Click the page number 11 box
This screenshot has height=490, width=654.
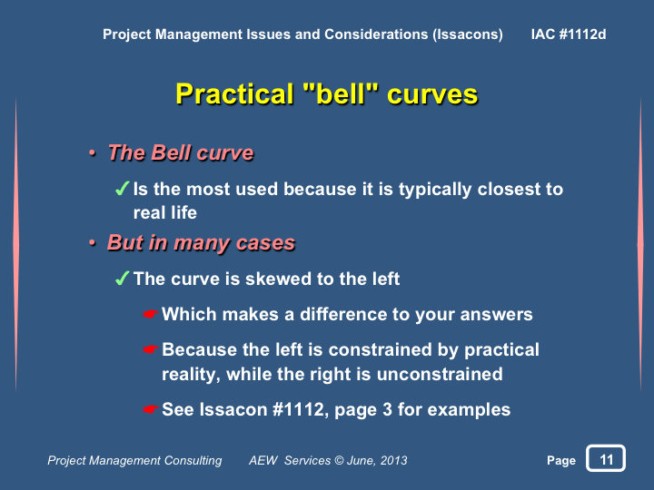click(606, 458)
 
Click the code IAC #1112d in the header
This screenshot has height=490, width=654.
click(569, 34)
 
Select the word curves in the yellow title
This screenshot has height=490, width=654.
click(432, 94)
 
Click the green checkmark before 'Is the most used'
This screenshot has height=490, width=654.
click(122, 189)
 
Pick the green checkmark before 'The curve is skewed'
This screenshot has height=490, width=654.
click(122, 278)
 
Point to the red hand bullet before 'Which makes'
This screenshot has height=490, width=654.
click(150, 313)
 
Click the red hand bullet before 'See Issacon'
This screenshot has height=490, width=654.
click(150, 409)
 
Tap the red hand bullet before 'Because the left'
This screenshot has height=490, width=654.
click(150, 348)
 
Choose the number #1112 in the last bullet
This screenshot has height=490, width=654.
click(298, 409)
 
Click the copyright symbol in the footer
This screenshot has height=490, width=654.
click(339, 460)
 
